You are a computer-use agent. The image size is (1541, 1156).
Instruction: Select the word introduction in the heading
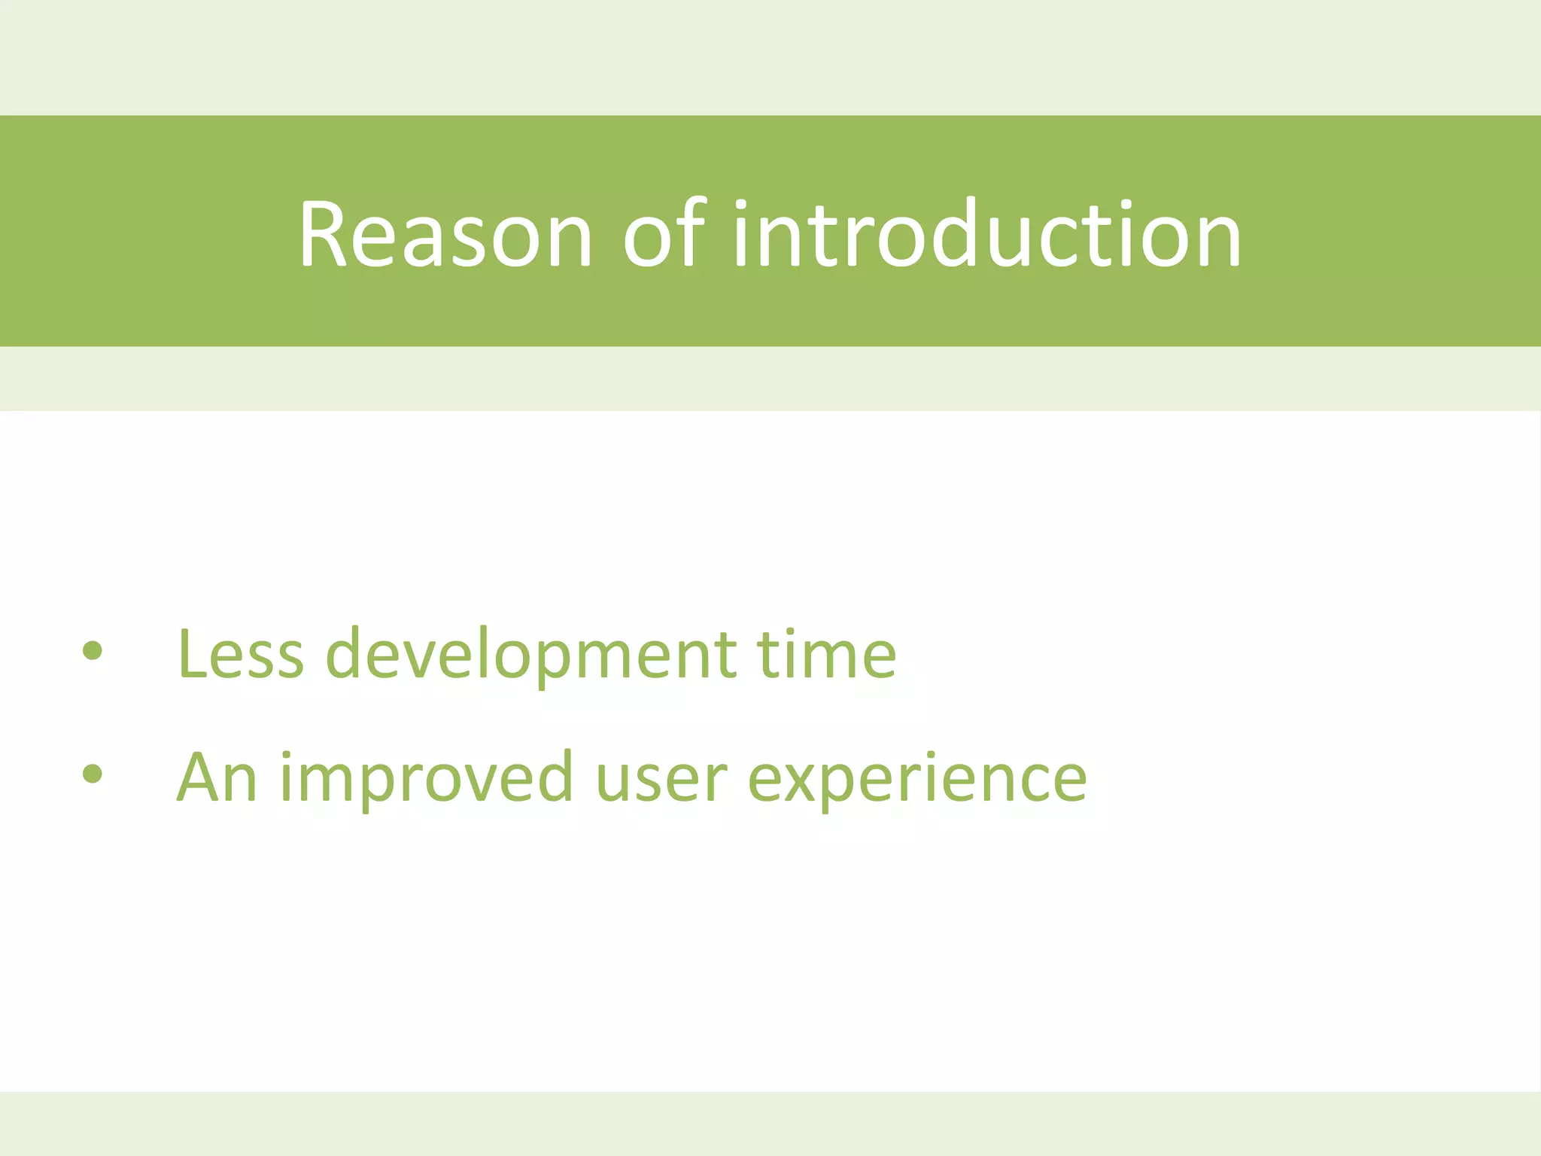[986, 234]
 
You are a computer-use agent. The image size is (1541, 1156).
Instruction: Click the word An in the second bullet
[217, 777]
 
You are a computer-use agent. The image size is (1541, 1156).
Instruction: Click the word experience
[917, 777]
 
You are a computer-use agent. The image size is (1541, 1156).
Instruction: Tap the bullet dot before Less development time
[93, 651]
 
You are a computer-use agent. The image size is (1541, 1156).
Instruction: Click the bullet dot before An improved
[93, 774]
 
